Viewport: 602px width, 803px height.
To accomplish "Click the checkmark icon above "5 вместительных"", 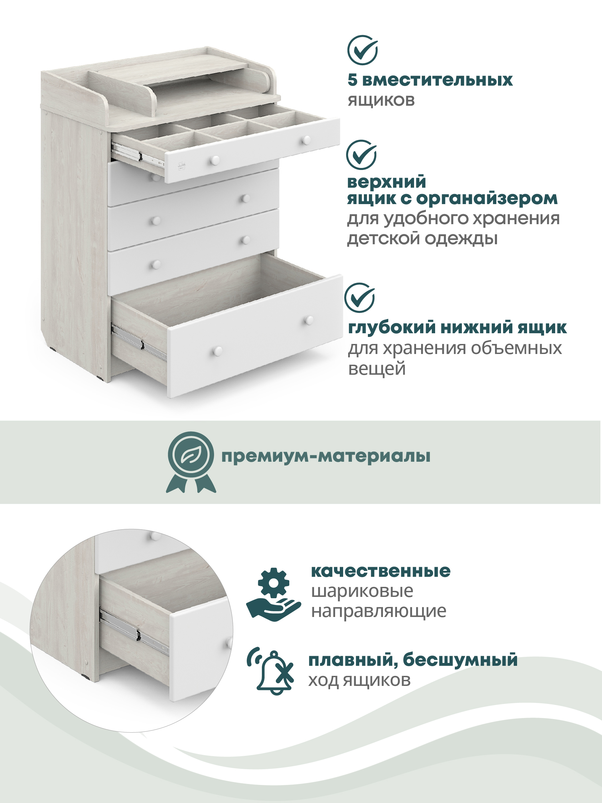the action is point(363,50).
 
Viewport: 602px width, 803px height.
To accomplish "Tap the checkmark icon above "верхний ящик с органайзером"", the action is point(362,155).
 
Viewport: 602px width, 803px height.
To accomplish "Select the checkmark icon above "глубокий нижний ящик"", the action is point(360,297).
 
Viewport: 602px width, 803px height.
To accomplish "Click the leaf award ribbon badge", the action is point(191,461).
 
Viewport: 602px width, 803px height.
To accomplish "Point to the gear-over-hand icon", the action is point(273,594).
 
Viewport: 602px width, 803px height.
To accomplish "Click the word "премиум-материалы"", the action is point(326,456).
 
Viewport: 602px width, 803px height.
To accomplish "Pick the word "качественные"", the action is point(381,571).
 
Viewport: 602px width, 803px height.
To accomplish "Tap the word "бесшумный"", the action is point(460,659).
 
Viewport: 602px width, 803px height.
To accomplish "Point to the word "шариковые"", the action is point(362,591).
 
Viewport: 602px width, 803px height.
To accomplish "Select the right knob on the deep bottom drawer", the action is point(309,320).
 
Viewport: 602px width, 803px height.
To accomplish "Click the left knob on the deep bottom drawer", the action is point(217,351).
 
